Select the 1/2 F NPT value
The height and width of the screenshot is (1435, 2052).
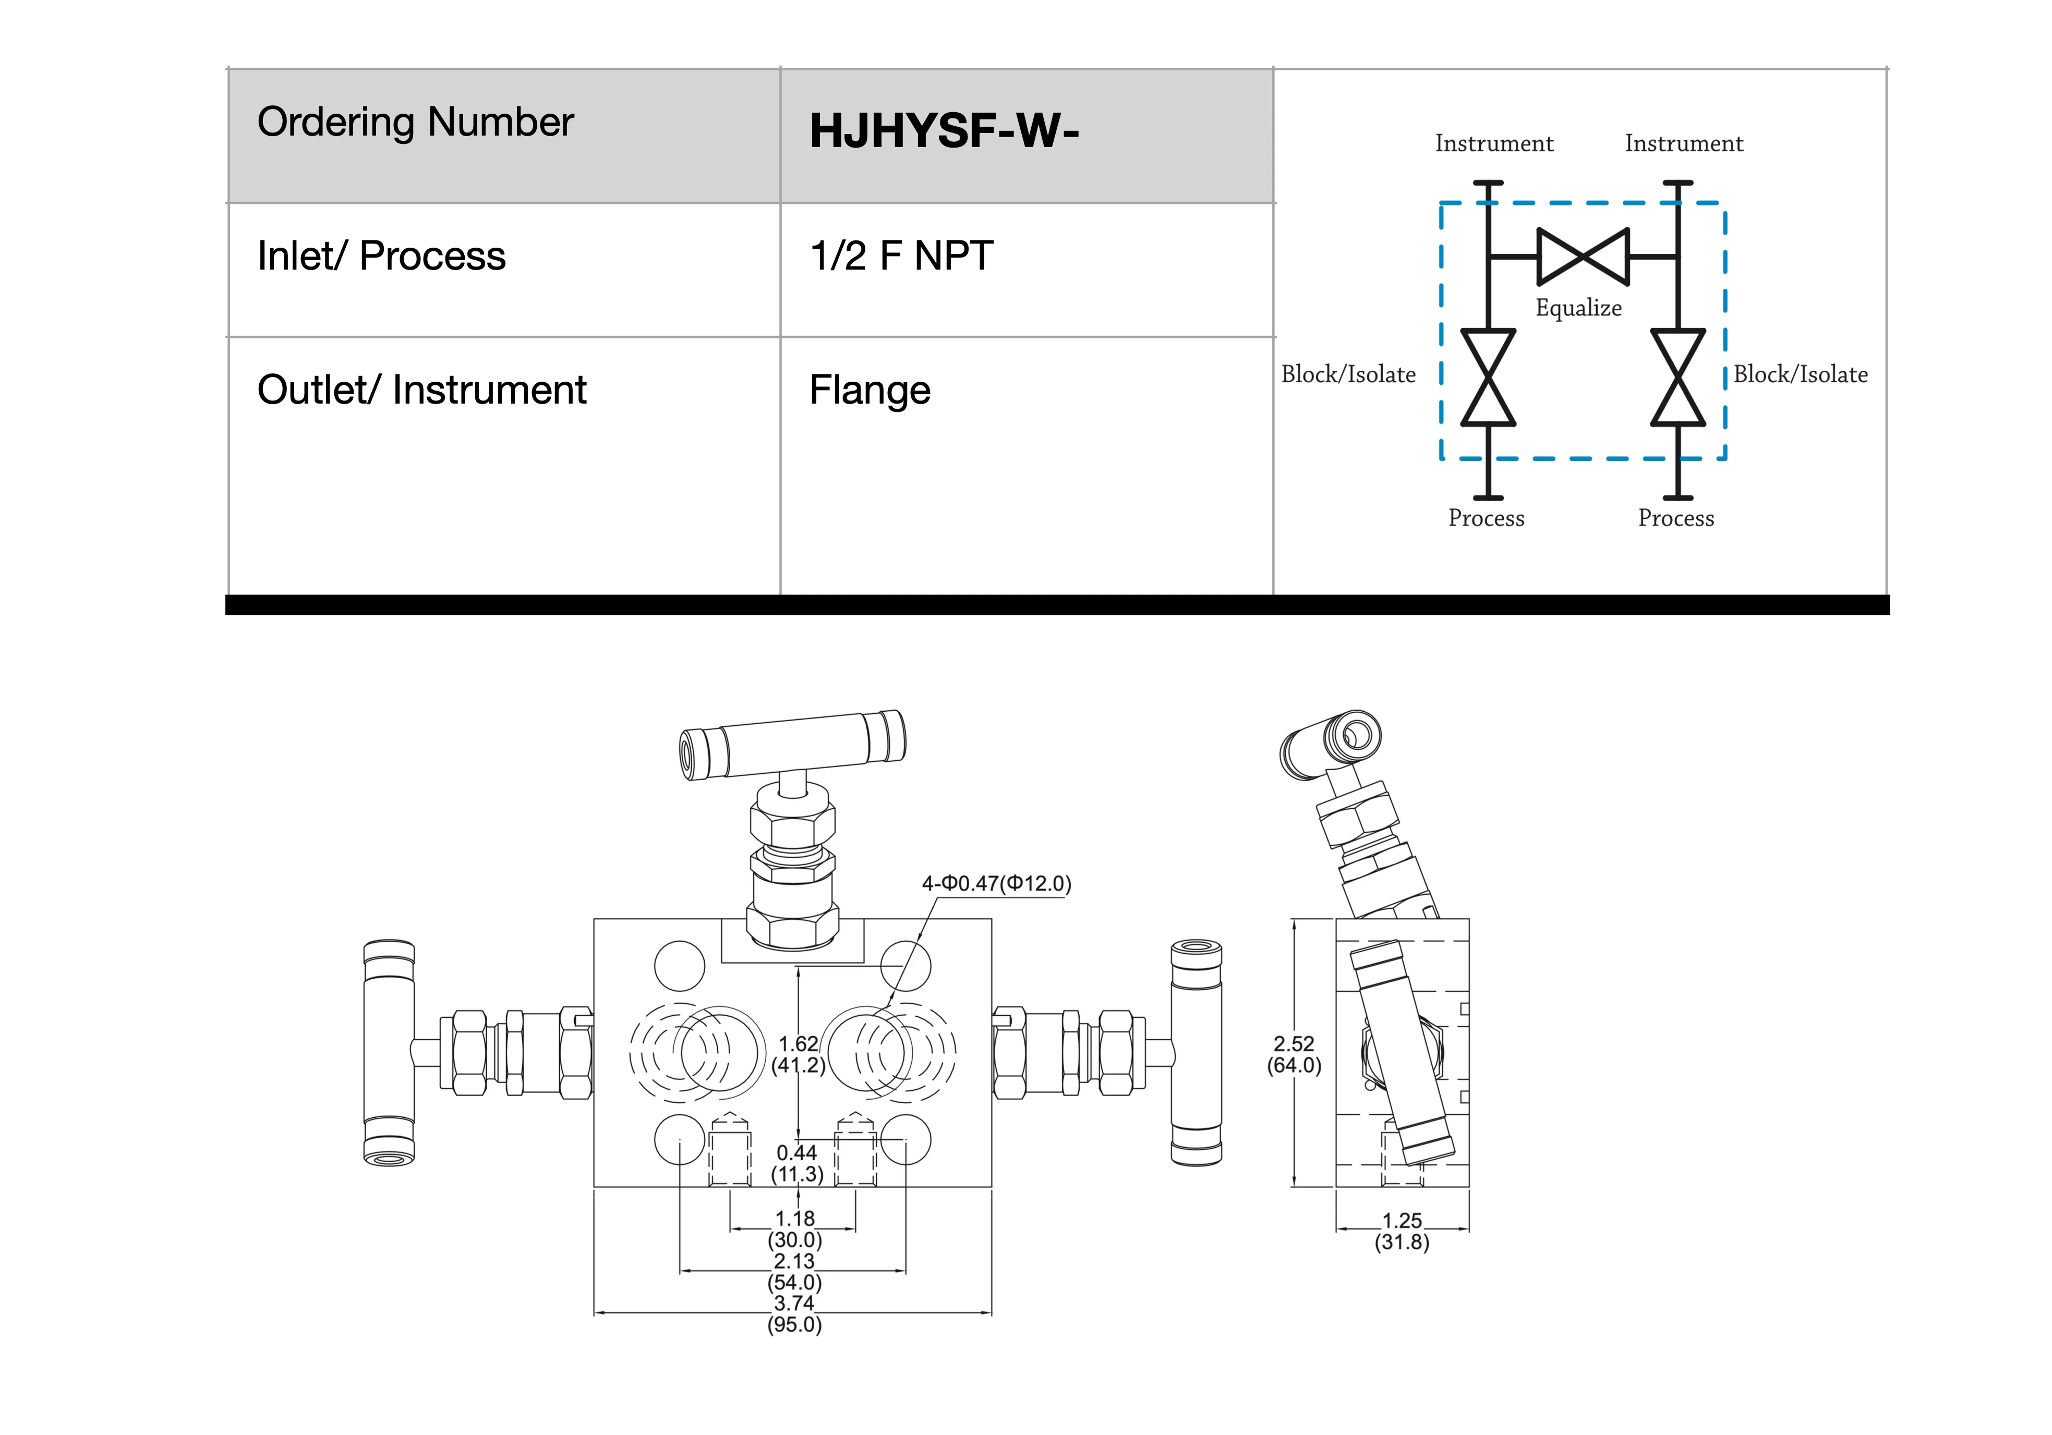901,257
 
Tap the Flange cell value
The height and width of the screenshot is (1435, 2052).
870,391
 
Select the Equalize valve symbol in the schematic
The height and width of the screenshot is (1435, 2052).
1583,257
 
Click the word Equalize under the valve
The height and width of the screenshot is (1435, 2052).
1578,308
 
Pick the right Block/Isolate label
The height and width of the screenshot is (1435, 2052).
1800,374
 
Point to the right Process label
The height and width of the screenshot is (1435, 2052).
1676,518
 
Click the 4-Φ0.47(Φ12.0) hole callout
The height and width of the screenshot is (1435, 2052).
996,884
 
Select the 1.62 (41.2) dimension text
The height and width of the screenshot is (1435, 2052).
798,1054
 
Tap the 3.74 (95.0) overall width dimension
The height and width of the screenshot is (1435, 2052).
794,1314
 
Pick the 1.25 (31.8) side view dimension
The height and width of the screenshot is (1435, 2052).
1402,1231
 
